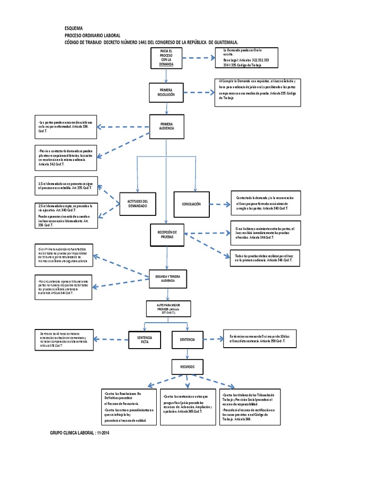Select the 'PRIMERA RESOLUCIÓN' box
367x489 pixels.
pyautogui.click(x=166, y=92)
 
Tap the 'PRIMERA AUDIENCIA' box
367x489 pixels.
pyautogui.click(x=166, y=127)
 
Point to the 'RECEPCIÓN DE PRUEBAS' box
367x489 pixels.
pyautogui.click(x=166, y=234)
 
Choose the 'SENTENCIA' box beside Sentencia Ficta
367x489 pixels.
pyautogui.click(x=187, y=340)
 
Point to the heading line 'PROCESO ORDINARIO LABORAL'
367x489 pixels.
pyautogui.click(x=92, y=35)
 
